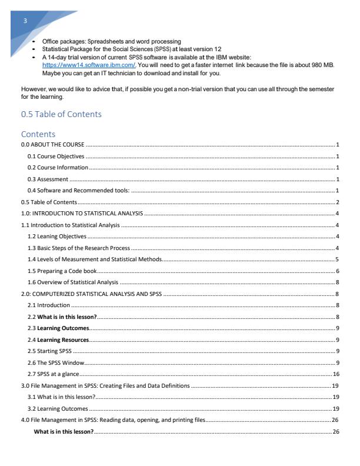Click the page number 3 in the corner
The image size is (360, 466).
pyautogui.click(x=25, y=21)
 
